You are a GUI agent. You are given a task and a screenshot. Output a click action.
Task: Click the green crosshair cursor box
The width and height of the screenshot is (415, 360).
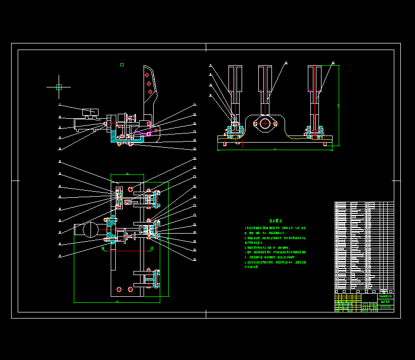[59, 87]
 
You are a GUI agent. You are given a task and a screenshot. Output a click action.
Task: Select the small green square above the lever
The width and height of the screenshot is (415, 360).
[122, 65]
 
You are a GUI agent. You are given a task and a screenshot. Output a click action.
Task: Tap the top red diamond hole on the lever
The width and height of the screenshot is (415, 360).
[147, 75]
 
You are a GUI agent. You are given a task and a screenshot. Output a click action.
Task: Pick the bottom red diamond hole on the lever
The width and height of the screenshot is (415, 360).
[151, 91]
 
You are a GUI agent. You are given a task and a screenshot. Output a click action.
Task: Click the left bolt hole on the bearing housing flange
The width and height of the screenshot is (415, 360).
[255, 123]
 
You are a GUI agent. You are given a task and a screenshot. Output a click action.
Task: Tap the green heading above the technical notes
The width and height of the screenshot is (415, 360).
[275, 221]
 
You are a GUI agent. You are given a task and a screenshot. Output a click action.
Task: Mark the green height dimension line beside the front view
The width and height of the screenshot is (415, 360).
[339, 106]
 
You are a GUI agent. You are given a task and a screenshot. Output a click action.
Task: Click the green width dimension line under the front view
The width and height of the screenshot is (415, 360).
[274, 150]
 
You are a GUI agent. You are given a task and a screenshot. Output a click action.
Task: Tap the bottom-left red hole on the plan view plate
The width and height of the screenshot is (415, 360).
[119, 289]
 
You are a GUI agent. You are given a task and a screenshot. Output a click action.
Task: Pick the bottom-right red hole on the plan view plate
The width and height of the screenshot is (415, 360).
[130, 289]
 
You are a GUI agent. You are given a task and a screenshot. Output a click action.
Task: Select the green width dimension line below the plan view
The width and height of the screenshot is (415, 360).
[117, 302]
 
